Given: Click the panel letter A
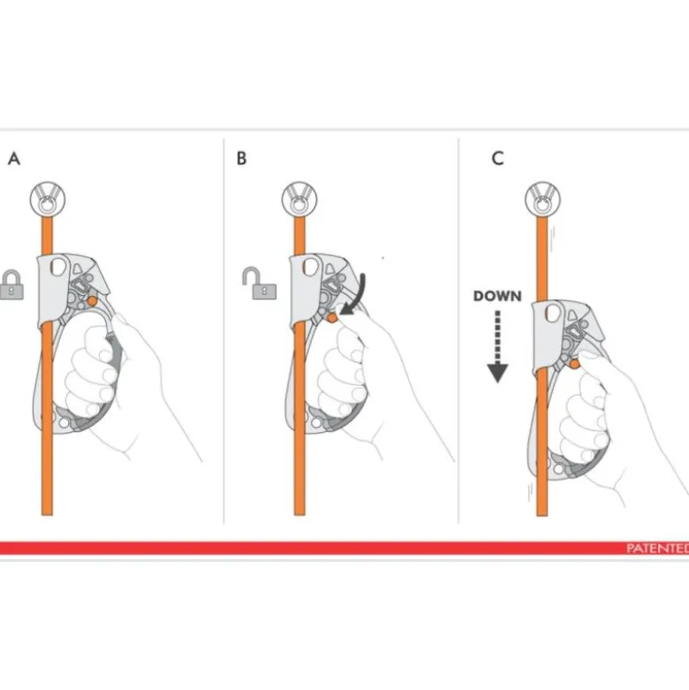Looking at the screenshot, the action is (x=14, y=158).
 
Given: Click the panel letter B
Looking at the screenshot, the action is (x=241, y=158).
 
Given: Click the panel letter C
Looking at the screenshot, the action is (x=497, y=158).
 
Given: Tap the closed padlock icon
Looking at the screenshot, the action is (x=11, y=284).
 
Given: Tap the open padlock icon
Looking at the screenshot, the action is (x=260, y=283).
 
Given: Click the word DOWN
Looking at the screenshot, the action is (x=497, y=296).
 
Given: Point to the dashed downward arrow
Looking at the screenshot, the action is (x=497, y=346).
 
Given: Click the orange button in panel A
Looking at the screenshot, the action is (x=93, y=301).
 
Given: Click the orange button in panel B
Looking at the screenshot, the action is (x=332, y=317).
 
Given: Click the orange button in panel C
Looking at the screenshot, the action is (x=574, y=364).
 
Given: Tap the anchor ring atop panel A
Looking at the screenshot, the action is (x=48, y=200).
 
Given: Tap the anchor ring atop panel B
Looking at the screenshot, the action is (x=299, y=200).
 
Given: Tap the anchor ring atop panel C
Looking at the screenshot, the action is (x=543, y=200).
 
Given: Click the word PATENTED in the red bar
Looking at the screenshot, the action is (x=657, y=549).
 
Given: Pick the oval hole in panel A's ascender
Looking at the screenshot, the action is (x=58, y=267).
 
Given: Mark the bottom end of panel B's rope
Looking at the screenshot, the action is (x=299, y=515).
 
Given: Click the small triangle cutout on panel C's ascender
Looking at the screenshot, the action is (x=572, y=315).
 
